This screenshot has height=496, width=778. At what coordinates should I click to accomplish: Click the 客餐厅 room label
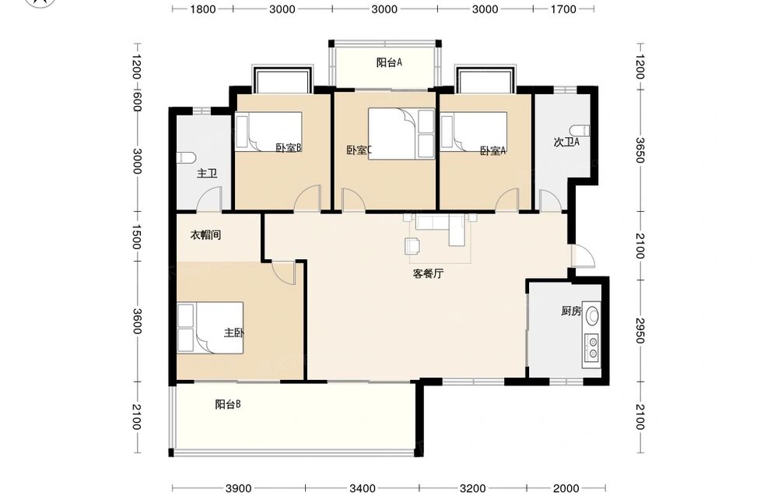428,273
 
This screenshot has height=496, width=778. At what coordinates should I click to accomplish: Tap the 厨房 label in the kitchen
571,311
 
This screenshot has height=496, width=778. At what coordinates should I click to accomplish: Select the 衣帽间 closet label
205,235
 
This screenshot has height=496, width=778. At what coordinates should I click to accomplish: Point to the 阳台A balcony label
388,62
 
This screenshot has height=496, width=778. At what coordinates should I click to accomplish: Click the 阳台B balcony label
228,404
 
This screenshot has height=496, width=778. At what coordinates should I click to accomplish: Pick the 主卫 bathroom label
207,174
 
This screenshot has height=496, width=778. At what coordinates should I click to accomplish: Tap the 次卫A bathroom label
566,142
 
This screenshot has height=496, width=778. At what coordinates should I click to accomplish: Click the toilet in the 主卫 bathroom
186,158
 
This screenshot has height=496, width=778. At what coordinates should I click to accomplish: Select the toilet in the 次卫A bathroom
580,131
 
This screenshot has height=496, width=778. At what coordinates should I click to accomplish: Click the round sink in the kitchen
592,315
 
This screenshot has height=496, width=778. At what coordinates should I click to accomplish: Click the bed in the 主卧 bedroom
210,328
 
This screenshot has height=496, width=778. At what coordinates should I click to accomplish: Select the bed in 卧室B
268,131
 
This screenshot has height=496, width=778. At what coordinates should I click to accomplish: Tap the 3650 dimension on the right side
640,150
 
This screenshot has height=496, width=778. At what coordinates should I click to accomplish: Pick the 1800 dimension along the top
203,9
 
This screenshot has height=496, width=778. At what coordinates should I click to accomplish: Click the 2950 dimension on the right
640,330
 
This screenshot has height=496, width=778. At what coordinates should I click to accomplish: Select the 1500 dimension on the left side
136,237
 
